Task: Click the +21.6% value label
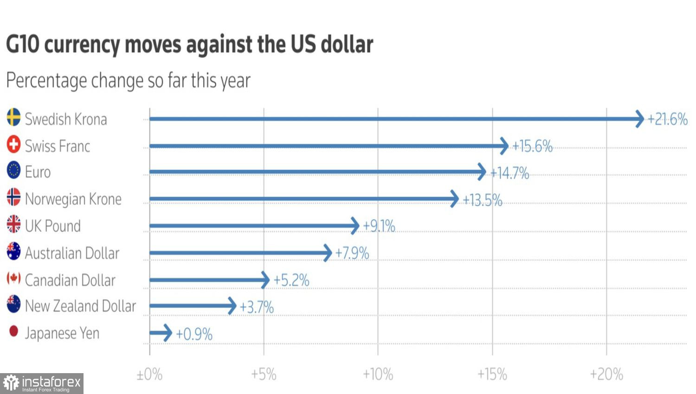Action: tap(667, 119)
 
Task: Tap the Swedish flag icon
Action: tap(13, 117)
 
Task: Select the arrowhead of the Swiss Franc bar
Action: tap(504, 146)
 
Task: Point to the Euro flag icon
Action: tap(13, 171)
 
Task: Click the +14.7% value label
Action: tap(509, 173)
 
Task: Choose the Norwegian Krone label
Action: tap(73, 199)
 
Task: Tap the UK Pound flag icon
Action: tap(13, 224)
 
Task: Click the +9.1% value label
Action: tap(379, 226)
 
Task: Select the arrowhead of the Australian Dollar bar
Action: tap(328, 253)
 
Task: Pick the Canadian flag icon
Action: tap(13, 278)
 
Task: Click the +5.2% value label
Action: tap(291, 280)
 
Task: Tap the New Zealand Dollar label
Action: tap(80, 306)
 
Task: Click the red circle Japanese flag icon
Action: tap(13, 331)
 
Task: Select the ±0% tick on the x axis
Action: tap(149, 375)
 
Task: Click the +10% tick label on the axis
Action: tap(378, 375)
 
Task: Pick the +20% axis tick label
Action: tap(606, 375)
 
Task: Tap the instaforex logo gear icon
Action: tap(11, 383)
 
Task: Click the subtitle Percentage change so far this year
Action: tap(128, 81)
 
